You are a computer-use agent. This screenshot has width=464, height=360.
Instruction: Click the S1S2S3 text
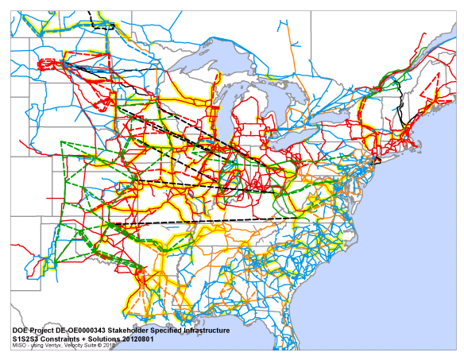(x=25, y=338)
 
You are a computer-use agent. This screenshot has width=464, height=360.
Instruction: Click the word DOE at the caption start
(x=21, y=329)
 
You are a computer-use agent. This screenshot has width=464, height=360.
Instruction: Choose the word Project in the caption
(x=44, y=329)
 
